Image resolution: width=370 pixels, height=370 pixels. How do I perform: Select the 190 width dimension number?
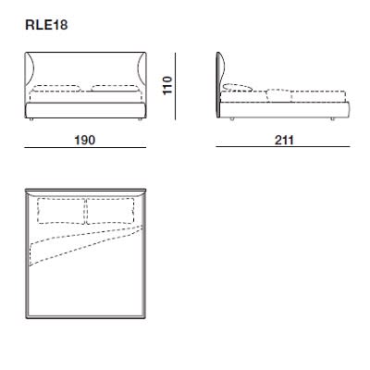85,141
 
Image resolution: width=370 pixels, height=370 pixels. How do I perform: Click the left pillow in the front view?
59,92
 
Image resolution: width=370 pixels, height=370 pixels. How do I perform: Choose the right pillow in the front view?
113,92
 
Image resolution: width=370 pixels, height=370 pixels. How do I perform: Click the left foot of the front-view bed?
32,120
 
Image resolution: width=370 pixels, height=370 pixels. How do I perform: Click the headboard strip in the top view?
86,192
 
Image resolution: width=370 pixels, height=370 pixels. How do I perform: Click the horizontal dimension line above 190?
86,130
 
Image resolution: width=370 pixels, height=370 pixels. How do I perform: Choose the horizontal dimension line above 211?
284,130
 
